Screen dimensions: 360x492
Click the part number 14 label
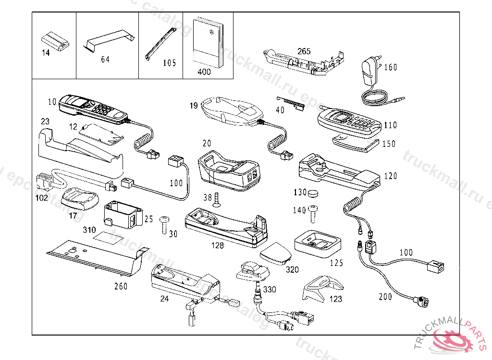coord(46,53)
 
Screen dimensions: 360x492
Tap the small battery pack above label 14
coord(56,40)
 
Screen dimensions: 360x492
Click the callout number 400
coord(204,72)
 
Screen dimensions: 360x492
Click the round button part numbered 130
coord(314,193)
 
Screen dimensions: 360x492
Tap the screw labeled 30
coord(164,224)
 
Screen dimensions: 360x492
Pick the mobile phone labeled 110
coord(349,122)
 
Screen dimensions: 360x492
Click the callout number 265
coord(304,51)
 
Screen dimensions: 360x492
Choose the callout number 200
coord(385,297)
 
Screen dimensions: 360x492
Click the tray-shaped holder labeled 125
coord(318,242)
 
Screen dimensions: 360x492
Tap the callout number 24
coord(164,298)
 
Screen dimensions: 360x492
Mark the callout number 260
coord(121,287)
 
